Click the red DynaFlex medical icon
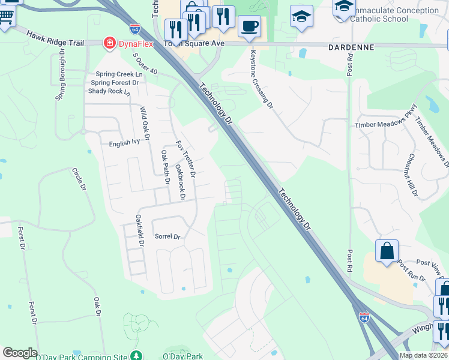click(x=109, y=43)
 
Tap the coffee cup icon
click(x=249, y=26)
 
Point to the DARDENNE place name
click(x=351, y=46)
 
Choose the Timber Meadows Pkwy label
click(x=385, y=124)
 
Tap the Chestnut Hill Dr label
click(x=412, y=175)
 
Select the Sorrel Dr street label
click(x=167, y=237)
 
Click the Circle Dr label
click(x=78, y=179)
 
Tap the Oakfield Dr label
click(x=140, y=230)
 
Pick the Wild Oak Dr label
click(x=144, y=119)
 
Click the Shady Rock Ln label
click(x=109, y=91)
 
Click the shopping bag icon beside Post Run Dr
click(x=387, y=251)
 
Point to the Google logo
click(x=20, y=353)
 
